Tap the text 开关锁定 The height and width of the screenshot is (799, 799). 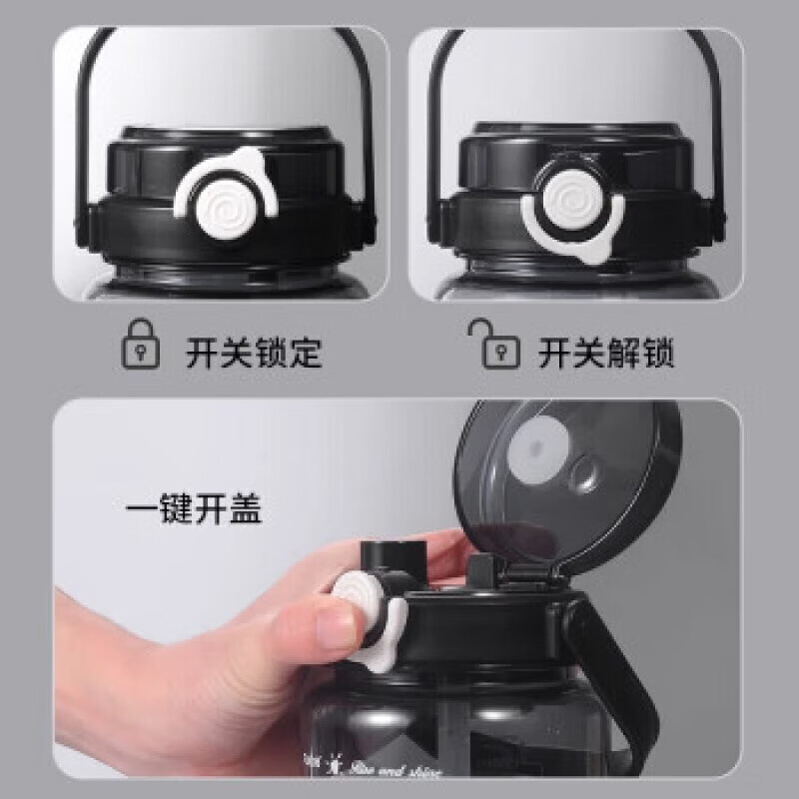254,353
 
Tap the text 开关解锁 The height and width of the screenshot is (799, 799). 606,353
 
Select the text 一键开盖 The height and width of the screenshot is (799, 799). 194,510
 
